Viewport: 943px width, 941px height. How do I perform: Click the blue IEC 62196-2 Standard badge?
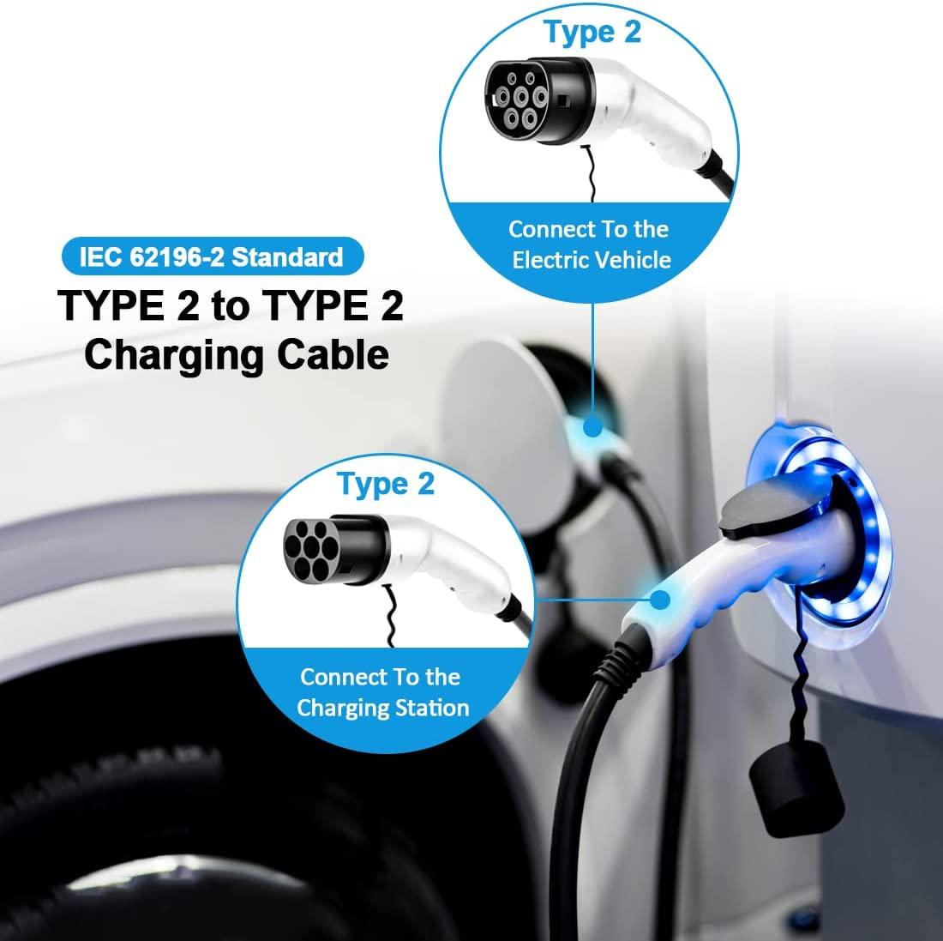[211, 256]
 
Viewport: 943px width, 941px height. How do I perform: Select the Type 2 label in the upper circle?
[592, 32]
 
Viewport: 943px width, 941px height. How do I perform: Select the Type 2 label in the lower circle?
[386, 483]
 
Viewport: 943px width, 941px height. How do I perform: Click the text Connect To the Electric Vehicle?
[590, 244]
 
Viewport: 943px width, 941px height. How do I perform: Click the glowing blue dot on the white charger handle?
[661, 600]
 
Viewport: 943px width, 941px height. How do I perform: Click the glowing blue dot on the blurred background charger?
[592, 426]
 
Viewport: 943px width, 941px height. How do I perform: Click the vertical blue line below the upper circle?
[592, 343]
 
